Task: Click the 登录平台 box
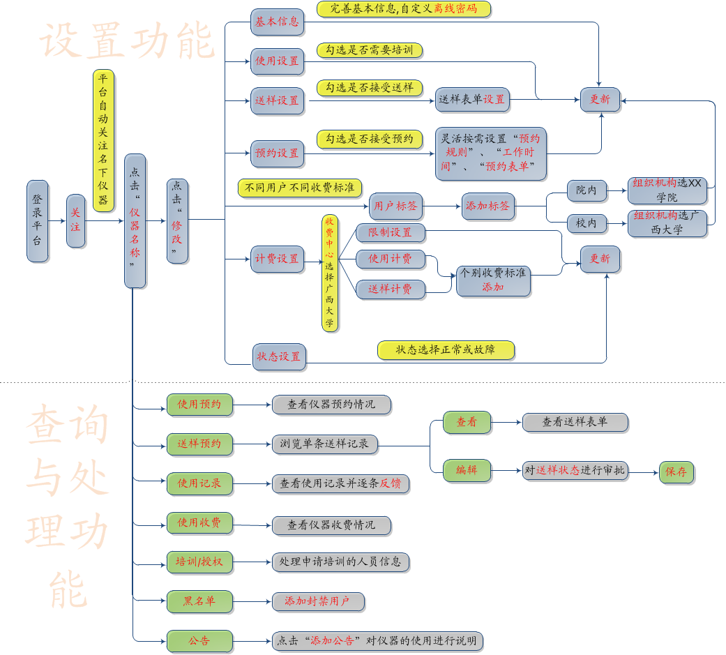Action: [x=38, y=220]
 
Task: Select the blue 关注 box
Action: [x=75, y=220]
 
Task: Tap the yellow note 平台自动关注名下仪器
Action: [x=103, y=140]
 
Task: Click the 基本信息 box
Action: [x=277, y=22]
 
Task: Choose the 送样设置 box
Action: [x=277, y=100]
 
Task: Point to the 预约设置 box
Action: [x=277, y=153]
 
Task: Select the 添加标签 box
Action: [x=488, y=206]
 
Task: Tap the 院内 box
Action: [x=587, y=189]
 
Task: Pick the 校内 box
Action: [x=587, y=223]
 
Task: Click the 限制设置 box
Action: [x=391, y=232]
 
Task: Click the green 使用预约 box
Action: [x=199, y=405]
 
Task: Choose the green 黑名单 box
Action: [x=199, y=601]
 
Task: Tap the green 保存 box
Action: [x=676, y=472]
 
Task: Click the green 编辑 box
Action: [x=467, y=470]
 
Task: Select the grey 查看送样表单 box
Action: [x=575, y=422]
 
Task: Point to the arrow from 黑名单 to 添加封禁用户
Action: [x=252, y=601]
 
